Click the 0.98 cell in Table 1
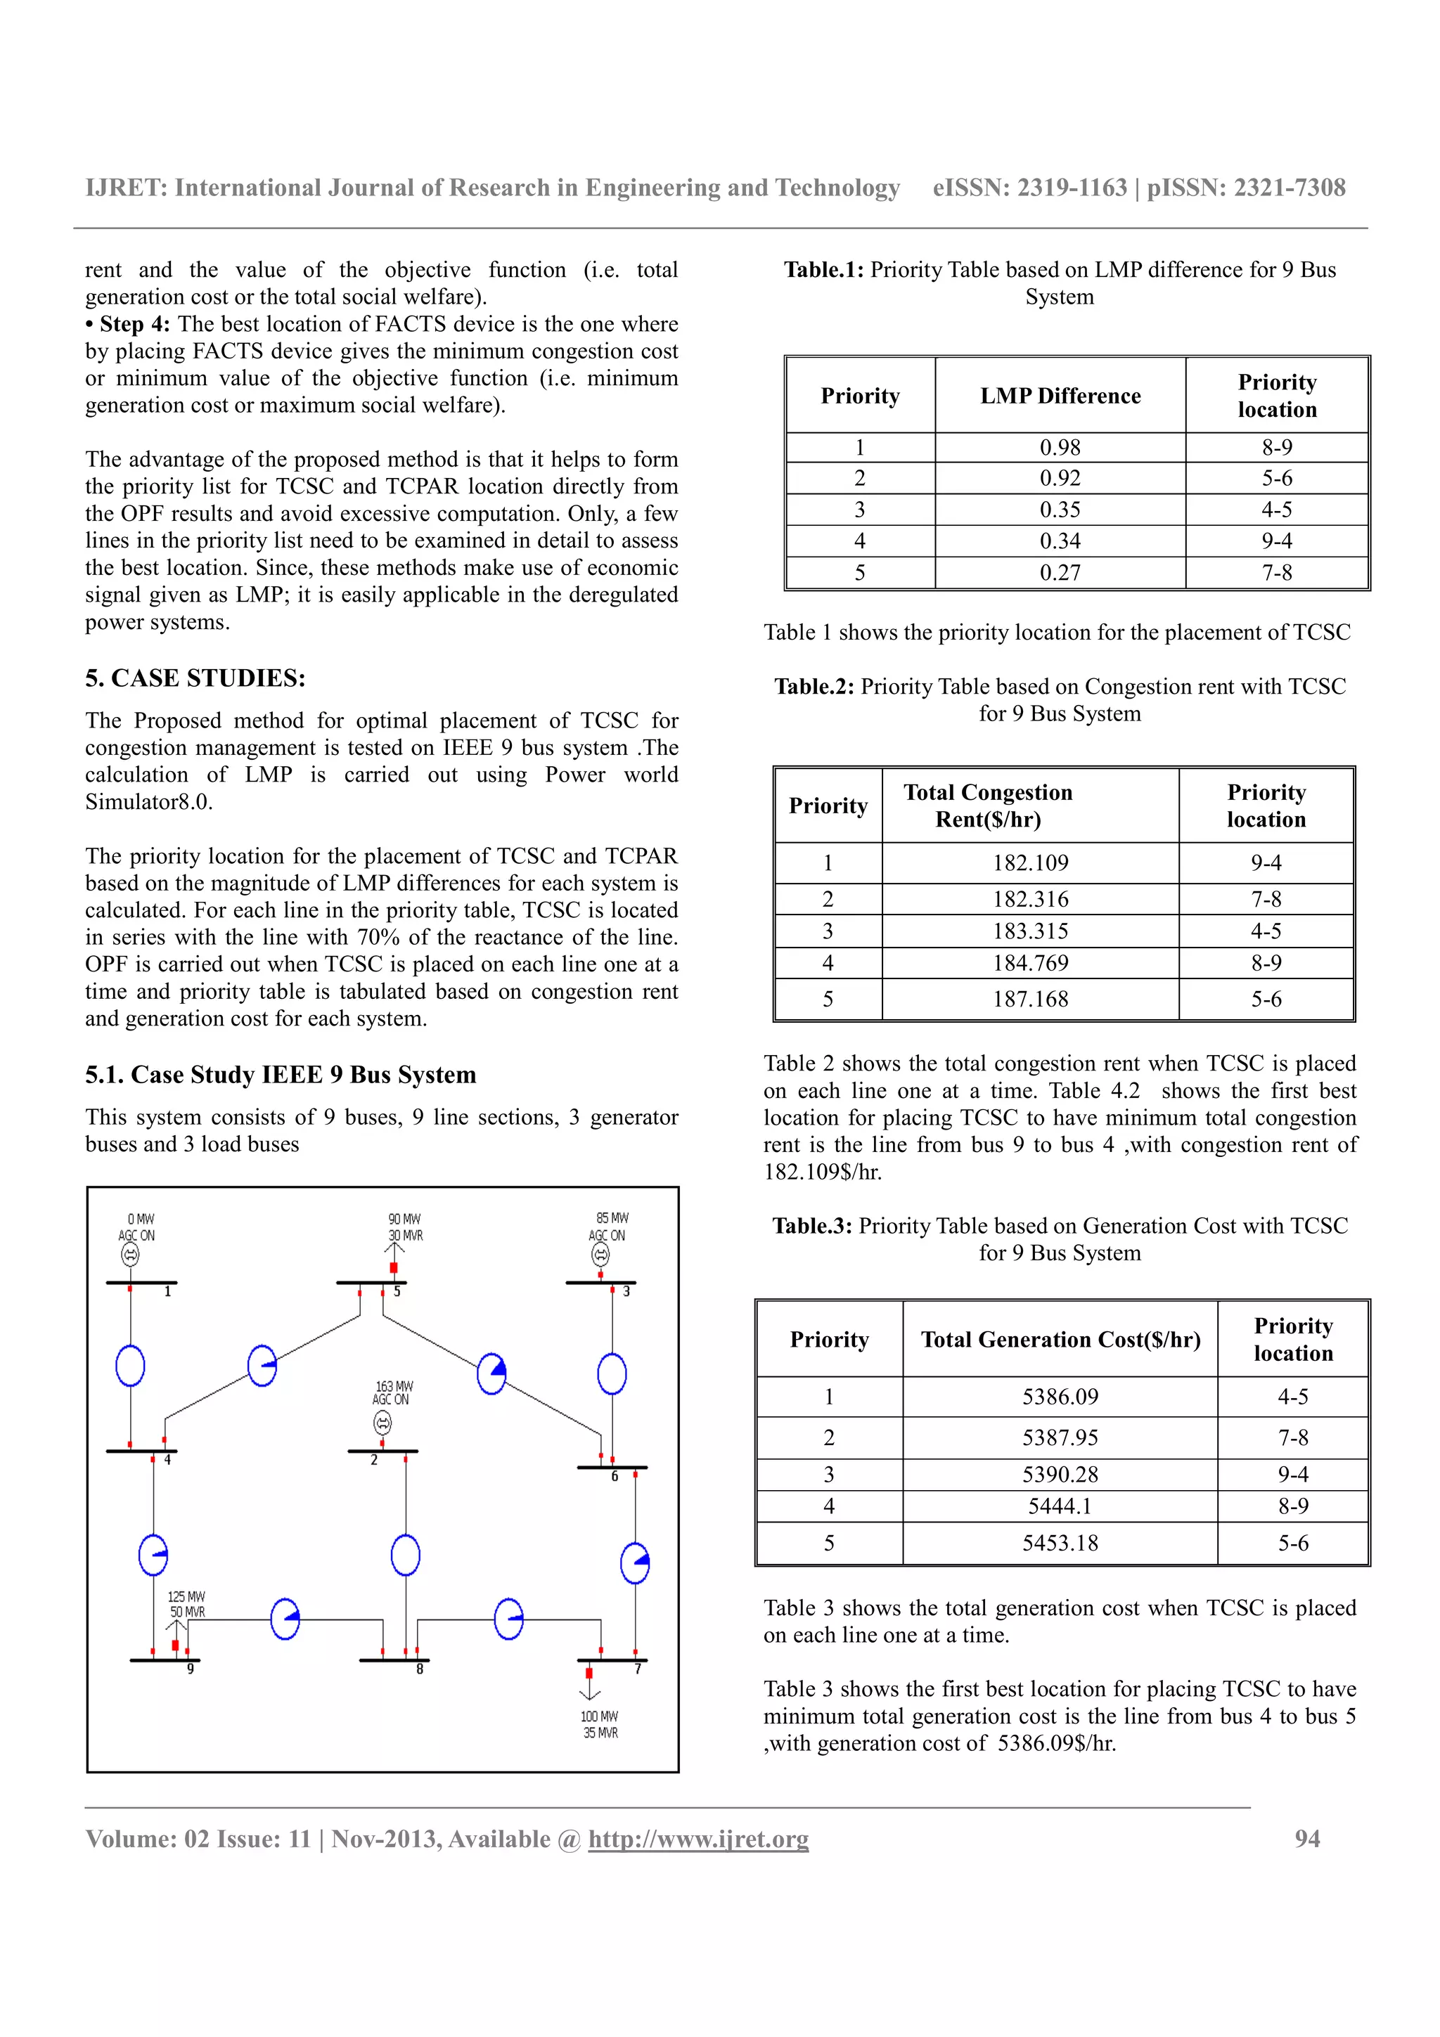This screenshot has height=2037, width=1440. [x=1060, y=447]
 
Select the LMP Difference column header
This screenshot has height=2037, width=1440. [x=1060, y=396]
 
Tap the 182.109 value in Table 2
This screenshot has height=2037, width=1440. [x=1029, y=862]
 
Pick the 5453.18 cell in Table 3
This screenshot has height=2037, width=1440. [x=1060, y=1543]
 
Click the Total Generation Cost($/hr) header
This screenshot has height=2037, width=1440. [x=1060, y=1339]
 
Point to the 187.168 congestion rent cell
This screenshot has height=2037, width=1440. [x=1029, y=999]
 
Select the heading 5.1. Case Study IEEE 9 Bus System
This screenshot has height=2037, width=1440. [x=281, y=1075]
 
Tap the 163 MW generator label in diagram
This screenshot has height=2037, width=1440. [x=394, y=1386]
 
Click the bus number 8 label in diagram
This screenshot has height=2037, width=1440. [x=420, y=1669]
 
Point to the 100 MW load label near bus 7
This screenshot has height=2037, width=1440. [x=599, y=1716]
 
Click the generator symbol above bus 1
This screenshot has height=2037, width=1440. [x=130, y=1255]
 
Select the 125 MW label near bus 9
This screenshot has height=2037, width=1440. [x=186, y=1596]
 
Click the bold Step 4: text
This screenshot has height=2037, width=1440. [x=134, y=324]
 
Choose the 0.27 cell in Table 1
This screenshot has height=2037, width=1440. [x=1060, y=572]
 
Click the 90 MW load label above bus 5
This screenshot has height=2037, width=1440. [x=404, y=1219]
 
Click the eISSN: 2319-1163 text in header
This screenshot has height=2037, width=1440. [x=1029, y=188]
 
